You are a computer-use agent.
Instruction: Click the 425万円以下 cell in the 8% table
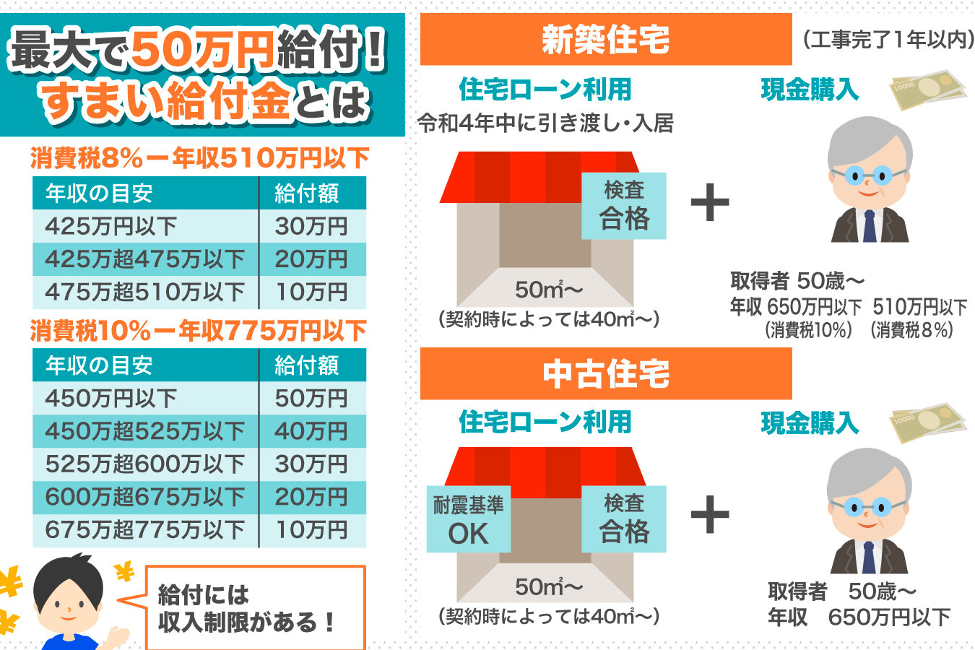click(145, 226)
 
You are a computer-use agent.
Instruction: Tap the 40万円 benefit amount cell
click(313, 431)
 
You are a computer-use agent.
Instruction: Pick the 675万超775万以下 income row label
click(145, 530)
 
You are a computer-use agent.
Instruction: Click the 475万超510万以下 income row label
click(145, 292)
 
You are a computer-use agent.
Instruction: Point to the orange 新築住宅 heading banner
click(606, 39)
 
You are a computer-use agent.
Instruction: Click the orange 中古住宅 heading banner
click(606, 373)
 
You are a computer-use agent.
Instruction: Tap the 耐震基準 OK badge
click(468, 519)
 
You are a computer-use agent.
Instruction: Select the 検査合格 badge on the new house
click(624, 206)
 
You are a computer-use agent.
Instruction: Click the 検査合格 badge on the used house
click(624, 519)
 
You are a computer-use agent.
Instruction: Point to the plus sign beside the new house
click(710, 202)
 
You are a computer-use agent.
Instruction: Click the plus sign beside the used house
click(710, 514)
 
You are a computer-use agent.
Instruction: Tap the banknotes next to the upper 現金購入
click(928, 90)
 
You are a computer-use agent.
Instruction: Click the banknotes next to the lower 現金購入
click(928, 422)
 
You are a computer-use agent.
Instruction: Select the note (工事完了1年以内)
click(888, 40)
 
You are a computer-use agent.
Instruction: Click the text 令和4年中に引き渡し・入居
click(545, 123)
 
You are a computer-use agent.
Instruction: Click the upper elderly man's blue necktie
click(870, 226)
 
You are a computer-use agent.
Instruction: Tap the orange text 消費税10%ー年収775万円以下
click(199, 331)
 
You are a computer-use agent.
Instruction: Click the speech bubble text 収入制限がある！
click(246, 622)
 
